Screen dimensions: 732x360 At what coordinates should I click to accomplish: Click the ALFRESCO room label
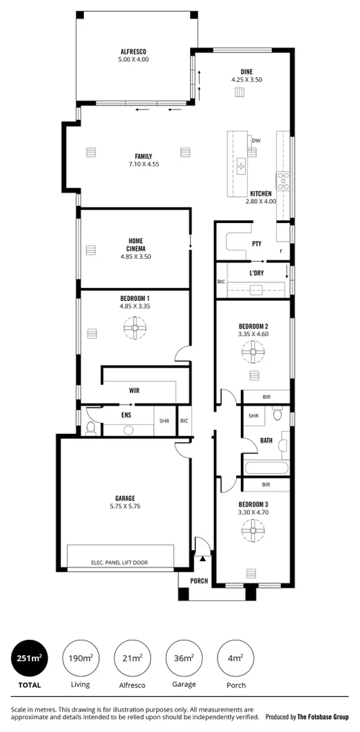134,52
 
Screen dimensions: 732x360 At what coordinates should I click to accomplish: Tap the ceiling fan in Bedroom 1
135,328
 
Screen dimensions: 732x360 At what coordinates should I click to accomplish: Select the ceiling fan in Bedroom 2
253,355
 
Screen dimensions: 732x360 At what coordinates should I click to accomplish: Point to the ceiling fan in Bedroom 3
253,530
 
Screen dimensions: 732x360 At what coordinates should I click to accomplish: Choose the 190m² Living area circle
80,659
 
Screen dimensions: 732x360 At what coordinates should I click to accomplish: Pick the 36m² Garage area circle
184,659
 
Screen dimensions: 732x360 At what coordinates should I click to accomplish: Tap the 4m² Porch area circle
235,659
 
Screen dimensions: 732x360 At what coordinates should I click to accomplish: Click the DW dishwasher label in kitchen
256,140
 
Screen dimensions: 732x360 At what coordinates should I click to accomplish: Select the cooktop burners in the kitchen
283,180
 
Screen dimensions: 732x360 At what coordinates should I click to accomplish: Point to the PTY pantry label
257,244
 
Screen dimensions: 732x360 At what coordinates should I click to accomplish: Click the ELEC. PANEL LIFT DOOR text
119,563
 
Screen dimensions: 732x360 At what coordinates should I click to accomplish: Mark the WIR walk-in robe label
134,390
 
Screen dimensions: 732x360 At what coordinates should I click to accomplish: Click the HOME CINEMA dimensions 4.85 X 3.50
135,257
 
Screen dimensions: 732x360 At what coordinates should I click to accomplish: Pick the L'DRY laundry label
257,273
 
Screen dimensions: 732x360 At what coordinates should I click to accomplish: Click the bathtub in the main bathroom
266,470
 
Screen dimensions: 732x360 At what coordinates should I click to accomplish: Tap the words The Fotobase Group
326,716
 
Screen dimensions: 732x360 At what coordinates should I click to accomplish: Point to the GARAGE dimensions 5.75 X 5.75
125,506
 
